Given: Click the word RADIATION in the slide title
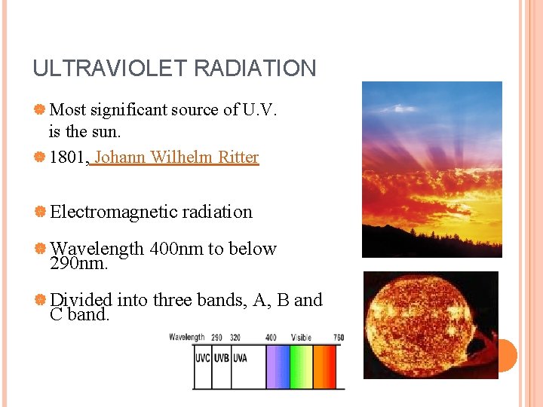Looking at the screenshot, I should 255,69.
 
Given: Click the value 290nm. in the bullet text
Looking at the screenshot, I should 78,264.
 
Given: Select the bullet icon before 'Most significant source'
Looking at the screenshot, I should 39,110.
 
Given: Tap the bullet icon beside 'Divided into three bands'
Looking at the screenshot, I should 39,300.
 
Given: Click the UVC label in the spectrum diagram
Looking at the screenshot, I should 202,358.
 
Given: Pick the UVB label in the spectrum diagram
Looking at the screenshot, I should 220,358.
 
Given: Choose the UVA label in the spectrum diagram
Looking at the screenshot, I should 239,358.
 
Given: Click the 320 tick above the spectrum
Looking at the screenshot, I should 235,338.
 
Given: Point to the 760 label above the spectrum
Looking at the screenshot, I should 338,338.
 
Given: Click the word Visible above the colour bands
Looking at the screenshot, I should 302,338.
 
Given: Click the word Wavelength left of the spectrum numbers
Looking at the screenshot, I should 186,338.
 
